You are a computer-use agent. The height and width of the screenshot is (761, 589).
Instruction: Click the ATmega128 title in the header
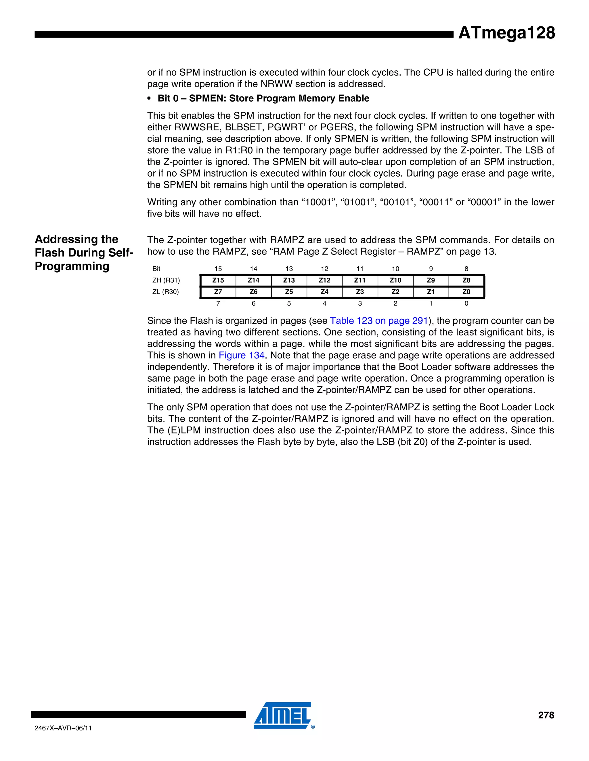(x=506, y=33)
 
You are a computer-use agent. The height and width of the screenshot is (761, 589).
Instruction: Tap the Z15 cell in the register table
(x=218, y=280)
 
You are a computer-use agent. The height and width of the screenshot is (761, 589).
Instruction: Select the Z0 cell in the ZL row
(x=466, y=292)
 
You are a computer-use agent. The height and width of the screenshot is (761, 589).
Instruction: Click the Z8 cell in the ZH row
(x=466, y=280)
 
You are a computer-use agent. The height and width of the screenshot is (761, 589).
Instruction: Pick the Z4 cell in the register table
(x=324, y=292)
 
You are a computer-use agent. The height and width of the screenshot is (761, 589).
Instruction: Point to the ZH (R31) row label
(x=166, y=280)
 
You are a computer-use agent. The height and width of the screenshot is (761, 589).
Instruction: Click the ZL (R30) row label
(x=165, y=292)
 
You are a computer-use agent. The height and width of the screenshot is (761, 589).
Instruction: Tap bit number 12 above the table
(x=324, y=269)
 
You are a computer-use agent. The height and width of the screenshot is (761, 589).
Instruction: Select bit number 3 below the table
(x=360, y=304)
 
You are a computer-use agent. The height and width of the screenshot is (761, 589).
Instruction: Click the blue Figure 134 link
(x=242, y=356)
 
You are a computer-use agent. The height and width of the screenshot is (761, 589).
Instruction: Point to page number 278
(x=546, y=715)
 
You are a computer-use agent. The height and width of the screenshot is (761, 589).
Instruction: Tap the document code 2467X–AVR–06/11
(x=63, y=728)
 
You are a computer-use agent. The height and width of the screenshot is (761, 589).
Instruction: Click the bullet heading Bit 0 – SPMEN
(x=263, y=98)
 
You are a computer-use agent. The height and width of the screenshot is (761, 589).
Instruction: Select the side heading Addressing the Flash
(x=84, y=253)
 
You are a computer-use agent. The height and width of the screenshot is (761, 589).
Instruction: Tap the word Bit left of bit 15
(x=156, y=269)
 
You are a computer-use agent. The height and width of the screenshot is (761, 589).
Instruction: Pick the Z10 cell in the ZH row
(x=395, y=280)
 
